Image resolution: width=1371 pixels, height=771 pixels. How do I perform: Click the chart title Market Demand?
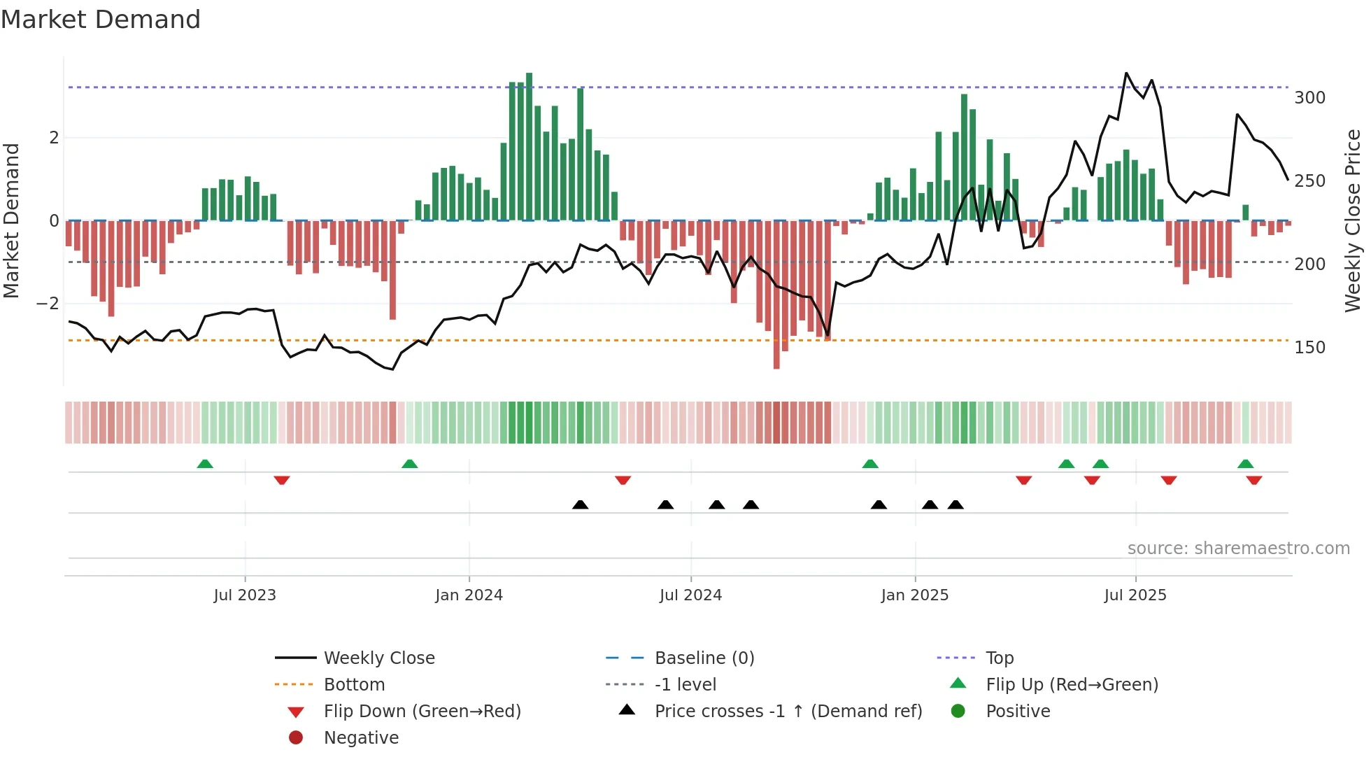(x=101, y=20)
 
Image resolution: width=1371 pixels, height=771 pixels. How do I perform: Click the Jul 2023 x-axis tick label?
(x=245, y=595)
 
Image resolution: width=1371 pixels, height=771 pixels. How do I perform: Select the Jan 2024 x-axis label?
(x=469, y=595)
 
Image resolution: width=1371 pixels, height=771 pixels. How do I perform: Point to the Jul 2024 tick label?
(x=690, y=595)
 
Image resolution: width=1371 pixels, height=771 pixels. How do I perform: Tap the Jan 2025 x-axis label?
(x=915, y=595)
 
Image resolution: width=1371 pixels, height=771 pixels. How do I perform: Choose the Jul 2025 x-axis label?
(x=1135, y=595)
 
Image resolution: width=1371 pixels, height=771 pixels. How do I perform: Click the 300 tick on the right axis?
(x=1309, y=98)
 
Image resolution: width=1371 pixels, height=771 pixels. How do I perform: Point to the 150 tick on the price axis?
(x=1309, y=348)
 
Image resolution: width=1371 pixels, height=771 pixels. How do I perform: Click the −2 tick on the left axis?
(x=48, y=304)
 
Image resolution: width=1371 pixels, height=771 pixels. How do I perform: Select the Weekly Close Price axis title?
(x=1353, y=220)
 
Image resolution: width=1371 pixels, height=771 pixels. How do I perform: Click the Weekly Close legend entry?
(x=379, y=658)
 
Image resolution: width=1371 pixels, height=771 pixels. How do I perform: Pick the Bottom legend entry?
(x=354, y=685)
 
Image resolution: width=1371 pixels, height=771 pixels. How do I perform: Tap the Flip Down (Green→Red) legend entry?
(x=422, y=712)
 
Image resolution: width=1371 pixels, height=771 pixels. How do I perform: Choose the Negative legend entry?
(x=361, y=738)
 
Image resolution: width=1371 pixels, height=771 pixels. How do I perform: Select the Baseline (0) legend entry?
(x=704, y=658)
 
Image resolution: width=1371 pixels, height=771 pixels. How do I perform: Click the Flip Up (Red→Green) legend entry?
(x=1072, y=685)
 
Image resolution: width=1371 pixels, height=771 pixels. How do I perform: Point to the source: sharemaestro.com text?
(x=1238, y=549)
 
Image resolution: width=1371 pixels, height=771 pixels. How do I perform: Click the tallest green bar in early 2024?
(x=530, y=147)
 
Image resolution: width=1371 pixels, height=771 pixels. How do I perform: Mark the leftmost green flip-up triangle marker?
(x=205, y=464)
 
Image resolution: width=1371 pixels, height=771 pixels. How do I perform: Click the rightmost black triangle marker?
(x=956, y=505)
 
